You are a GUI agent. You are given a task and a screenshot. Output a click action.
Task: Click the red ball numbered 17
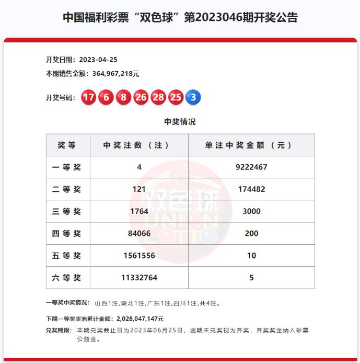89,97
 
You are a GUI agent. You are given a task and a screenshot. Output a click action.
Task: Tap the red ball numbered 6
107,97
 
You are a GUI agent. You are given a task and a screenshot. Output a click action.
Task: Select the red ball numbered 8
123,97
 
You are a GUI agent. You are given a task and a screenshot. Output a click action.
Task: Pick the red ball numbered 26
141,97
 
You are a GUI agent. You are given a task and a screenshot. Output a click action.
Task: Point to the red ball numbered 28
158,97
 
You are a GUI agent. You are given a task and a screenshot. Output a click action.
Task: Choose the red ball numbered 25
176,97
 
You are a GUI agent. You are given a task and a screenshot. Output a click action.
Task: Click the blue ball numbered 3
193,97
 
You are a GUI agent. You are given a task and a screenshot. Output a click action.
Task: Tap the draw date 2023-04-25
98,60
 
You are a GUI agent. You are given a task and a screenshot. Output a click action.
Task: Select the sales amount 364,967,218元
116,74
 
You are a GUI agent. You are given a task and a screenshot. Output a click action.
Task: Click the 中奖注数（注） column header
139,145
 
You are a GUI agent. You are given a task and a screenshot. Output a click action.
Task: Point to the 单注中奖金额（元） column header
251,145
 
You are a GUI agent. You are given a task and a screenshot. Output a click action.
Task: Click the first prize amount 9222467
251,167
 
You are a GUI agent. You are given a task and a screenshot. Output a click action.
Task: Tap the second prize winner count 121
139,189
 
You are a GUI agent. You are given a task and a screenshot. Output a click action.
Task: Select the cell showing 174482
251,189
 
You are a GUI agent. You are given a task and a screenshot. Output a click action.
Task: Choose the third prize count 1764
139,211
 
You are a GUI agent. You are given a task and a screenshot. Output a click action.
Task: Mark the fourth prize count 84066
139,233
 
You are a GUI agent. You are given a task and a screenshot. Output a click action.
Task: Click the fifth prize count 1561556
139,255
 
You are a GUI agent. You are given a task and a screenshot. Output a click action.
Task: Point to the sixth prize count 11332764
139,278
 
